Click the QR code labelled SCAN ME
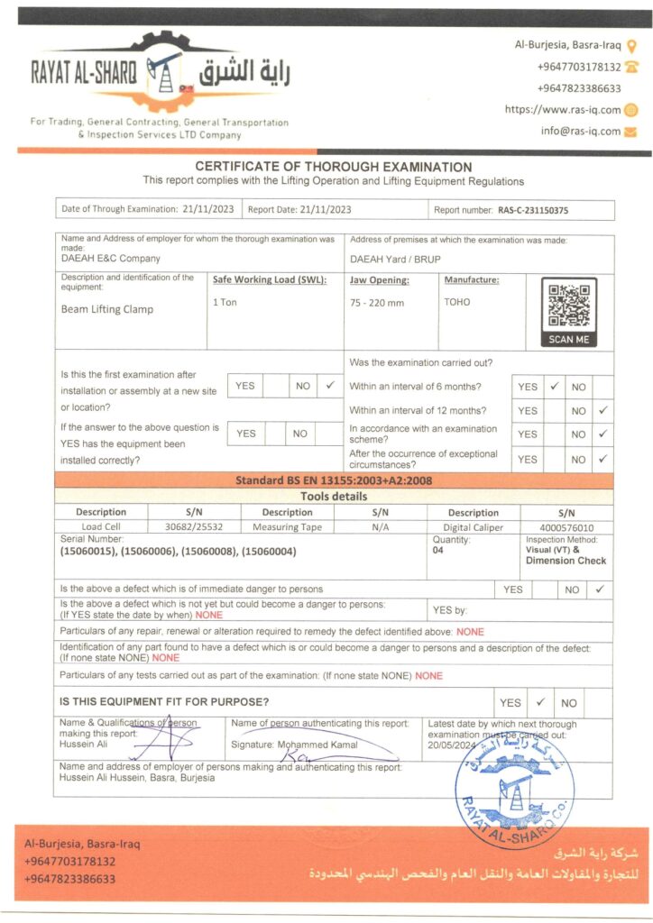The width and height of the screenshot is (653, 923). coord(568,306)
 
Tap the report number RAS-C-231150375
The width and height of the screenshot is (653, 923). coord(533,210)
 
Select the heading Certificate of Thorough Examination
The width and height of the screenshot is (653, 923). coord(334,167)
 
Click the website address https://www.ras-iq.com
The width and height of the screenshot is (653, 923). coord(563,110)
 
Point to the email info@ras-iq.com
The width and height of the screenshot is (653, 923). coord(581,131)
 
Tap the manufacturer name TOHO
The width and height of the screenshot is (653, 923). coord(456,302)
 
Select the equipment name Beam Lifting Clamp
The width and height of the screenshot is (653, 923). coord(106,309)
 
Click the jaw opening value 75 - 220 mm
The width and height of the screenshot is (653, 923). coord(377,303)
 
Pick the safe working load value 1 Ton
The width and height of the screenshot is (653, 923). coord(225,302)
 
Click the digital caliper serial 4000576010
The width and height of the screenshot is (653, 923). coord(566,526)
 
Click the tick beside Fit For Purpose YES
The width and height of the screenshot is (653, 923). coord(540,702)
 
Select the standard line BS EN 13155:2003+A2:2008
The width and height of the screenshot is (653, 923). coord(334,480)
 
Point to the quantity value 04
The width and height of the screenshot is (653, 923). coord(438,549)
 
